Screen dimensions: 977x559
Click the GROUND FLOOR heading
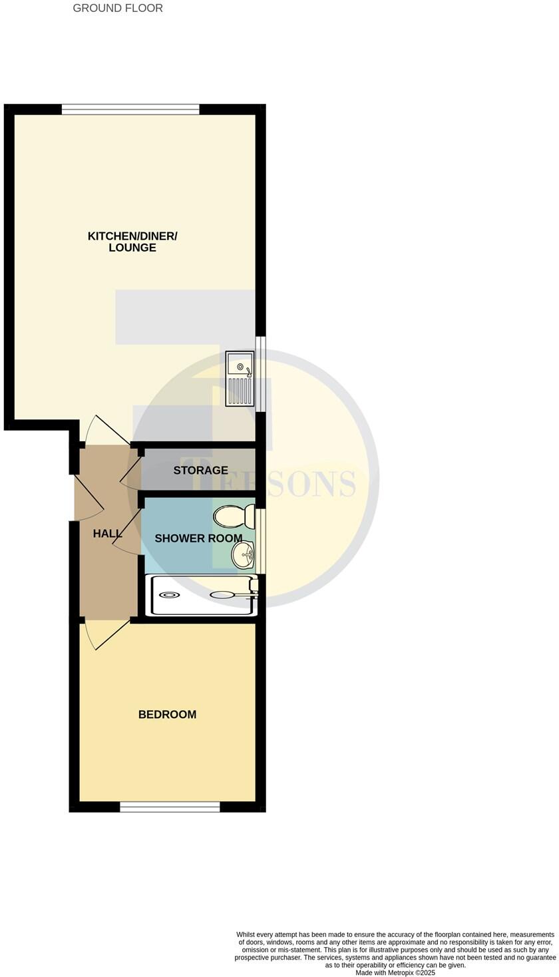pyautogui.click(x=118, y=8)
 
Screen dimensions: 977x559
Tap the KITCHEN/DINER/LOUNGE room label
pyautogui.click(x=132, y=242)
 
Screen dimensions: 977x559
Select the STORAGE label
pyautogui.click(x=200, y=471)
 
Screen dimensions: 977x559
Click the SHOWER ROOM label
pyautogui.click(x=198, y=538)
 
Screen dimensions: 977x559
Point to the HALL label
pyautogui.click(x=107, y=534)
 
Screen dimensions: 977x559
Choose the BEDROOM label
pyautogui.click(x=167, y=715)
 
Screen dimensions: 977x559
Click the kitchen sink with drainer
pyautogui.click(x=240, y=378)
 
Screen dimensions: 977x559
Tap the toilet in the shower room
pyautogui.click(x=234, y=516)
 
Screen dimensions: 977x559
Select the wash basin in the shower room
pyautogui.click(x=244, y=554)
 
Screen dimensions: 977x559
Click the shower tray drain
pyautogui.click(x=169, y=595)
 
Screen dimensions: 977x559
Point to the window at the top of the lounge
pyautogui.click(x=130, y=109)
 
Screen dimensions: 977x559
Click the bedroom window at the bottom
pyautogui.click(x=170, y=807)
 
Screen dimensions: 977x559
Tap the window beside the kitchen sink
pyautogui.click(x=262, y=373)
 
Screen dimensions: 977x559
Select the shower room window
pyautogui.click(x=262, y=540)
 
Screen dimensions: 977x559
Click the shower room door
pyautogui.click(x=127, y=530)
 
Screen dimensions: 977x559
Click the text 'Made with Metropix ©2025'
pyautogui.click(x=395, y=972)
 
